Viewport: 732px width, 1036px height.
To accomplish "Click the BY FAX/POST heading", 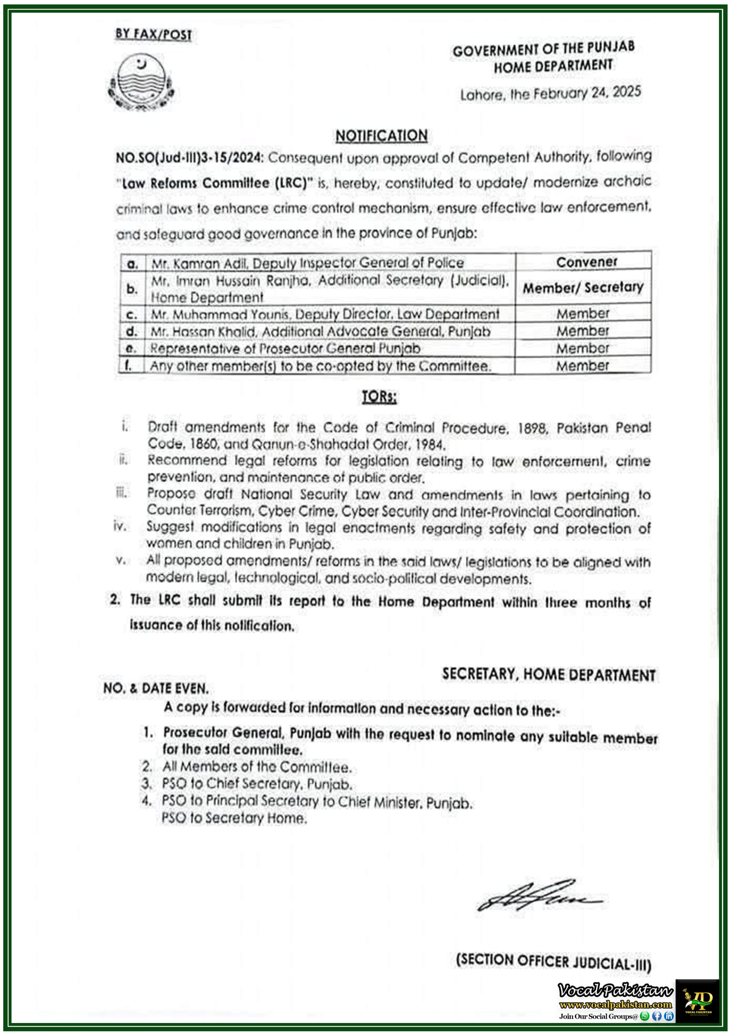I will [153, 34].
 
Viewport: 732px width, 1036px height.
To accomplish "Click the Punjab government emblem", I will [141, 82].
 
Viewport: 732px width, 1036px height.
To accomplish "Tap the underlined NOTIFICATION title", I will [381, 135].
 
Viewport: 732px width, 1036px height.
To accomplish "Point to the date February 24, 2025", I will [587, 93].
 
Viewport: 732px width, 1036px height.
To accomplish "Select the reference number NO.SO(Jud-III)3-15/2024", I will [188, 158].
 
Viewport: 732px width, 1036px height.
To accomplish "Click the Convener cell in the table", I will [586, 262].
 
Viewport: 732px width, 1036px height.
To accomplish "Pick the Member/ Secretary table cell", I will [583, 287].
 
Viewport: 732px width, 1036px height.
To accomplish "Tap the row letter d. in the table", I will [132, 332].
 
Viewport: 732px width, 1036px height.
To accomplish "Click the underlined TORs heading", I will [379, 397].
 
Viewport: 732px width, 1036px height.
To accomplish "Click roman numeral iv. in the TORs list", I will [120, 526].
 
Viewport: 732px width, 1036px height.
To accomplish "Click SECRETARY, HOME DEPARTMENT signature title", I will [548, 675].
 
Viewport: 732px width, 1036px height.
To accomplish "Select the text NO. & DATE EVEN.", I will [156, 688].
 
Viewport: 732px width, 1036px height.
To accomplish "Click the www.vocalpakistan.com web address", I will [615, 1005].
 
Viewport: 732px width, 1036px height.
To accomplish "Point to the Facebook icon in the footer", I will [657, 1016].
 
